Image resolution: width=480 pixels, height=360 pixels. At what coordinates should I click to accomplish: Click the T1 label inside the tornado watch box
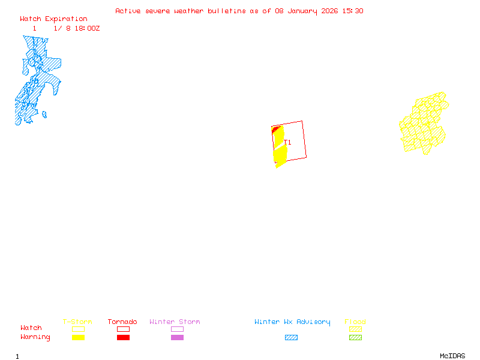click(x=289, y=142)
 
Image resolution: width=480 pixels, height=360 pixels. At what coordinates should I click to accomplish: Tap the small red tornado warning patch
click(x=275, y=129)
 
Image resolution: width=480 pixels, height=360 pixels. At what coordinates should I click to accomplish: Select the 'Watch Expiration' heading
click(x=53, y=19)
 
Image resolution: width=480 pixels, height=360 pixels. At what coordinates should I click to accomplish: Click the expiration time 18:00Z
click(x=87, y=28)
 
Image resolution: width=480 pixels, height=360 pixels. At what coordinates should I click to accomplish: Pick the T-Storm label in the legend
click(x=77, y=322)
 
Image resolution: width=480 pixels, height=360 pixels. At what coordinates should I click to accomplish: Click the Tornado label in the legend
click(x=122, y=322)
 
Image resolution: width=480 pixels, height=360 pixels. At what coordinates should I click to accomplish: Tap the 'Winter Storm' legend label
click(x=175, y=322)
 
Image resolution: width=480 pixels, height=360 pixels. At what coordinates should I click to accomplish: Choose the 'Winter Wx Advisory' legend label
click(x=292, y=322)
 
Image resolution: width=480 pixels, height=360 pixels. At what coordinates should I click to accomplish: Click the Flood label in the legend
click(x=355, y=322)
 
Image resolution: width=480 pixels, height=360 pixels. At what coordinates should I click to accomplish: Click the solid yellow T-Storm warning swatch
click(x=78, y=337)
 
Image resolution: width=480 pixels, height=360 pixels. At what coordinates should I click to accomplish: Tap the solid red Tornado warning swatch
click(x=123, y=337)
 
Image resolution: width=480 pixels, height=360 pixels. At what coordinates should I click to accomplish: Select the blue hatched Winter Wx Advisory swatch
click(x=291, y=337)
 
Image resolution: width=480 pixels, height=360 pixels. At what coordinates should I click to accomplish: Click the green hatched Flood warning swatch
click(x=355, y=337)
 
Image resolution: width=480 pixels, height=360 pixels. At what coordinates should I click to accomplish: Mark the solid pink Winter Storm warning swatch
click(x=177, y=337)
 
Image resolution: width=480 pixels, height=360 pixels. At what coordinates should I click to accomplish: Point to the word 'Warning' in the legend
click(x=35, y=337)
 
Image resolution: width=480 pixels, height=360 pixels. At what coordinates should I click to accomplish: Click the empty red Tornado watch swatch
click(x=123, y=329)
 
